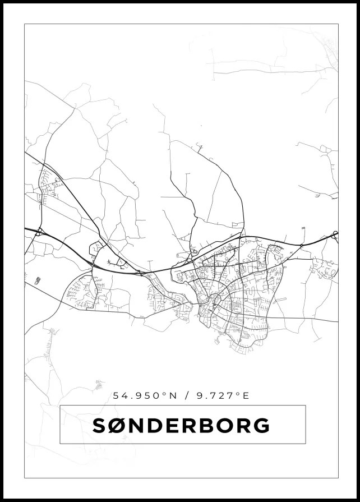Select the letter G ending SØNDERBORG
[261, 426]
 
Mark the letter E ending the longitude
[245, 395]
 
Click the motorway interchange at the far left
[38, 231]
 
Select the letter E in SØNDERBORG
[171, 426]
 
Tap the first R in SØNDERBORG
[188, 426]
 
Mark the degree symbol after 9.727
[237, 393]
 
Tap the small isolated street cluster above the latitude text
[99, 384]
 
